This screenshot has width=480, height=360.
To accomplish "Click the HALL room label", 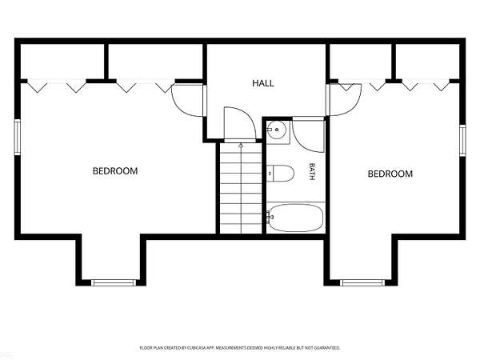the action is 263,83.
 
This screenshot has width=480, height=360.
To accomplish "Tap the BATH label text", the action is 312,171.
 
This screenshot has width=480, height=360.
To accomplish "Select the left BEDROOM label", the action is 115,171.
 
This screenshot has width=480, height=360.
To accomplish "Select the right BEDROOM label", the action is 390,174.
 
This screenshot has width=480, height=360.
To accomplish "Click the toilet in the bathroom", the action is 280,174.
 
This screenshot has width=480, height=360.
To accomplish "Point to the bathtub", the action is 295,218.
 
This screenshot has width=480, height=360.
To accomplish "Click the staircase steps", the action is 241,188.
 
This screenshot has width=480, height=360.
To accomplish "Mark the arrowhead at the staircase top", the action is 241,146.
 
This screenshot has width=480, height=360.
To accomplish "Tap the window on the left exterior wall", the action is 17,137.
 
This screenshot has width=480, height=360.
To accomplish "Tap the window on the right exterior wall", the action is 462,141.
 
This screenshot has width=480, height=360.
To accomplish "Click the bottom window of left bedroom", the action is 114,282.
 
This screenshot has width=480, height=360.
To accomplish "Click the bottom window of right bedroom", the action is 362,282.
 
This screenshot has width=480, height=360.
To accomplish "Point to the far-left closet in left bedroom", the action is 62,62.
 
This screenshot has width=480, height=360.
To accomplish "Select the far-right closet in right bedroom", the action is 428,62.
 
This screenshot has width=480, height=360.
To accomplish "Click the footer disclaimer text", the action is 240,348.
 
